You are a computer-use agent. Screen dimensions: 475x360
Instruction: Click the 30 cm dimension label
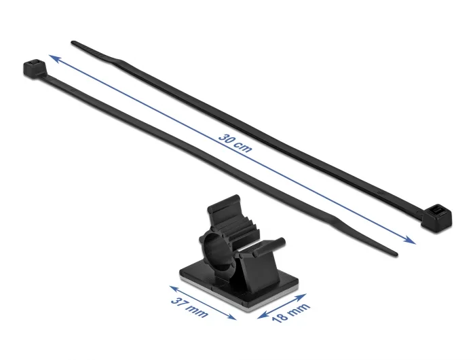click(235, 143)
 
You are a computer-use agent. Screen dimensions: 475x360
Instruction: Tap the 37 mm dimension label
click(189, 307)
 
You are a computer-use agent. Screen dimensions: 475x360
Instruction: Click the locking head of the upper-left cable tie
click(34, 67)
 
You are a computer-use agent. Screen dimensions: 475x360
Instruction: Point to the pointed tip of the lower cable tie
click(396, 255)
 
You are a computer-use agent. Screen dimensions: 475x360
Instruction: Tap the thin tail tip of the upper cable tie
click(73, 43)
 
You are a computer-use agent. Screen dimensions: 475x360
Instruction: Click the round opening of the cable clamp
click(216, 247)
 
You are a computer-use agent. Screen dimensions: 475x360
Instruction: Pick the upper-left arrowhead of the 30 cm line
click(54, 58)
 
